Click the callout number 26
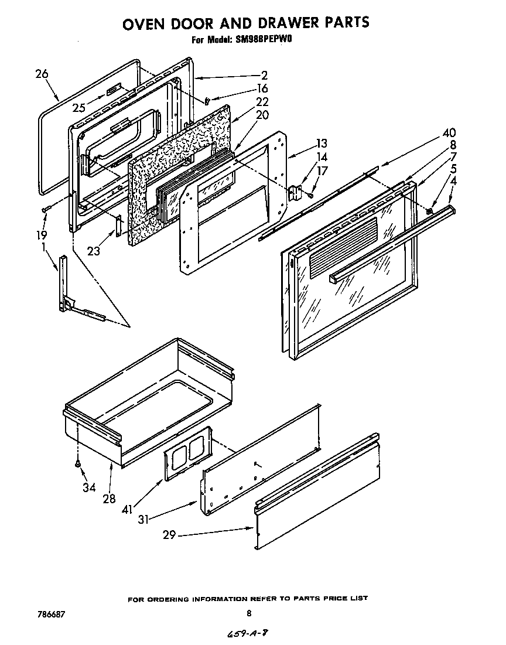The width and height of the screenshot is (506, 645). coord(41,74)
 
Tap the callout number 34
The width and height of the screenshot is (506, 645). coord(88,487)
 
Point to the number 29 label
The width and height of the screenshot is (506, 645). coord(169,535)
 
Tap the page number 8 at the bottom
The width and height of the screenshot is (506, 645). coord(249,613)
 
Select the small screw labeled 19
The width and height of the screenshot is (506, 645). coord(45,209)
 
